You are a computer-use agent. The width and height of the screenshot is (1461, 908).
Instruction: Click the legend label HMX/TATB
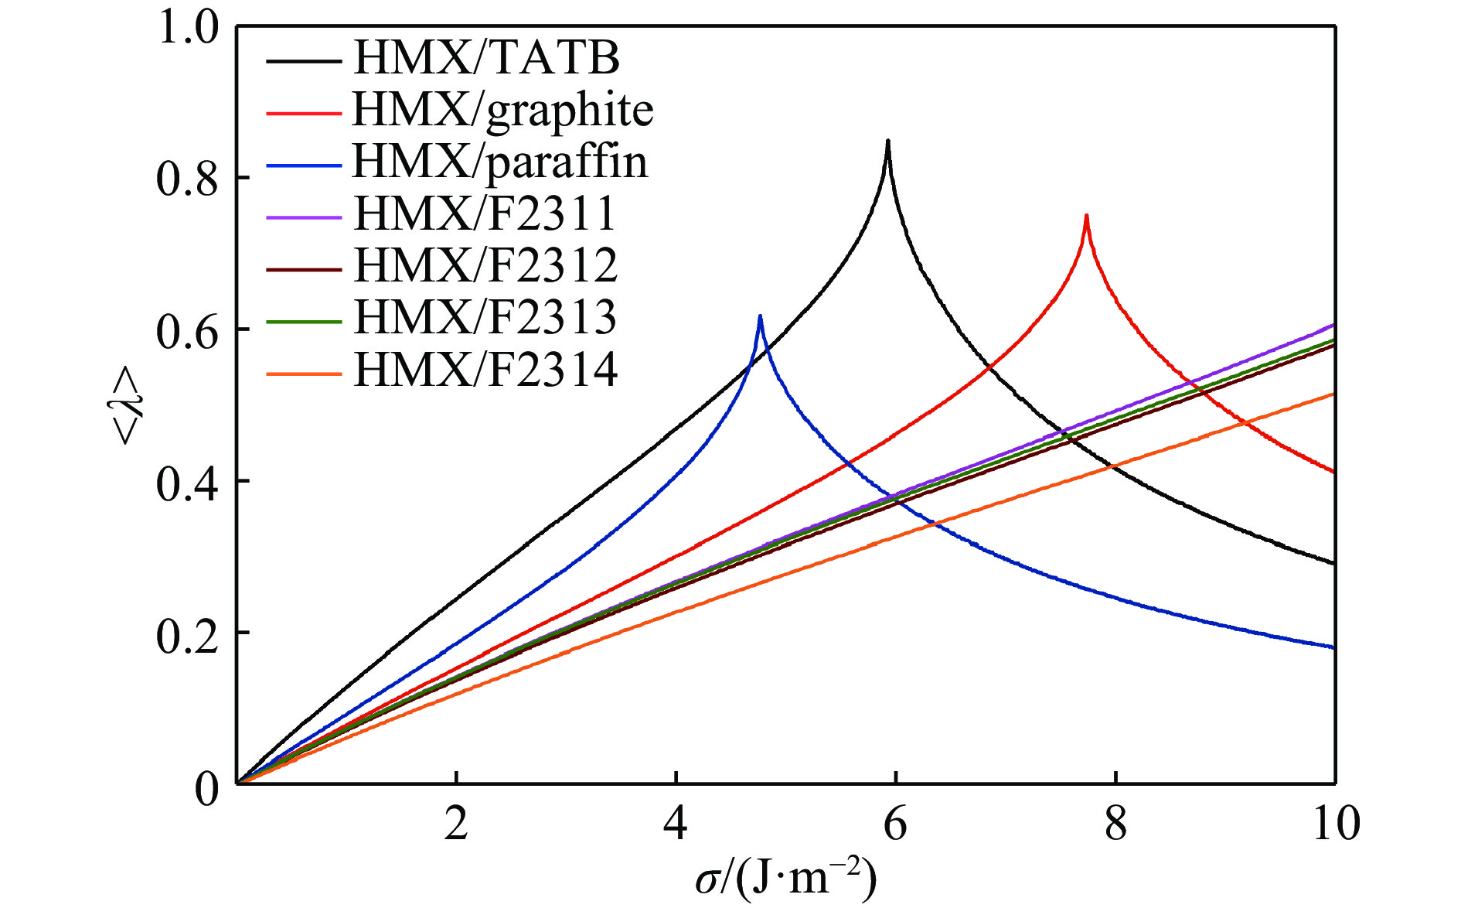click(486, 58)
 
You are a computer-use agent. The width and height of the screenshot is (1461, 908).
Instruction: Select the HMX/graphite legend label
click(502, 111)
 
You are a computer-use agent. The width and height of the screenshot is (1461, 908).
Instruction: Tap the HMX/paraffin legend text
click(499, 162)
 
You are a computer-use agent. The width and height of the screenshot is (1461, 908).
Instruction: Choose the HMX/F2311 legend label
click(485, 213)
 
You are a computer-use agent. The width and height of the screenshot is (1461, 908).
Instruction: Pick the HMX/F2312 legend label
click(485, 265)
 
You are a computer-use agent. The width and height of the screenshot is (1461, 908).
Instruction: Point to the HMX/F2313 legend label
click(485, 317)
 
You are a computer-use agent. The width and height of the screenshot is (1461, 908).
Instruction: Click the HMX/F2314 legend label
click(485, 370)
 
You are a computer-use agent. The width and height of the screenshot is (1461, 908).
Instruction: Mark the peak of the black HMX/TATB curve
click(888, 142)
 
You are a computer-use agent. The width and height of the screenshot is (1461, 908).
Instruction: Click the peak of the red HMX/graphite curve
click(1086, 216)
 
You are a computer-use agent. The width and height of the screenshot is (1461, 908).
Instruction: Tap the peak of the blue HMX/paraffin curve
click(760, 316)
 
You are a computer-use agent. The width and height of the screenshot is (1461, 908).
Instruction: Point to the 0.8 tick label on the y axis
click(188, 179)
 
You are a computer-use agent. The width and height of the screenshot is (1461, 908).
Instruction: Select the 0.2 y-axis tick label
click(188, 633)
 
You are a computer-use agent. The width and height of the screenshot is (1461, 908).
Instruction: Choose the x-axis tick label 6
click(895, 824)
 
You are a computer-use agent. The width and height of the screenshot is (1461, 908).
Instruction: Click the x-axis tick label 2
click(456, 824)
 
